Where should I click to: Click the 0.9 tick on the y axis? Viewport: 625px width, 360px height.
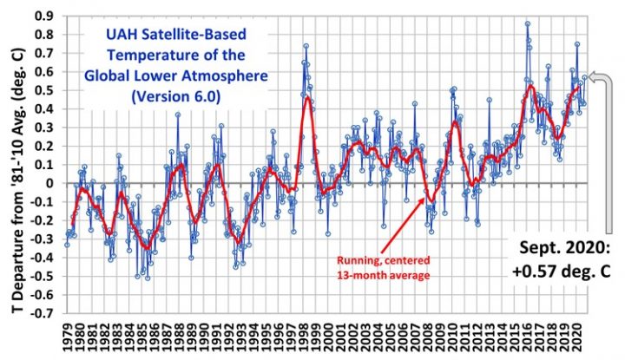pyautogui.click(x=45, y=16)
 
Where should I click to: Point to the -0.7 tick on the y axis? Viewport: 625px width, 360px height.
pyautogui.click(x=43, y=314)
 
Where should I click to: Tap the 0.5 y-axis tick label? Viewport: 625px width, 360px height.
pyautogui.click(x=45, y=90)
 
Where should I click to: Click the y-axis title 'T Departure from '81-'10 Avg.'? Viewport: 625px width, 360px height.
pyautogui.click(x=15, y=165)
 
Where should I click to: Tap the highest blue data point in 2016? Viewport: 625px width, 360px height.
pyautogui.click(x=527, y=24)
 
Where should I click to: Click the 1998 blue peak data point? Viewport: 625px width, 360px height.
pyautogui.click(x=306, y=46)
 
